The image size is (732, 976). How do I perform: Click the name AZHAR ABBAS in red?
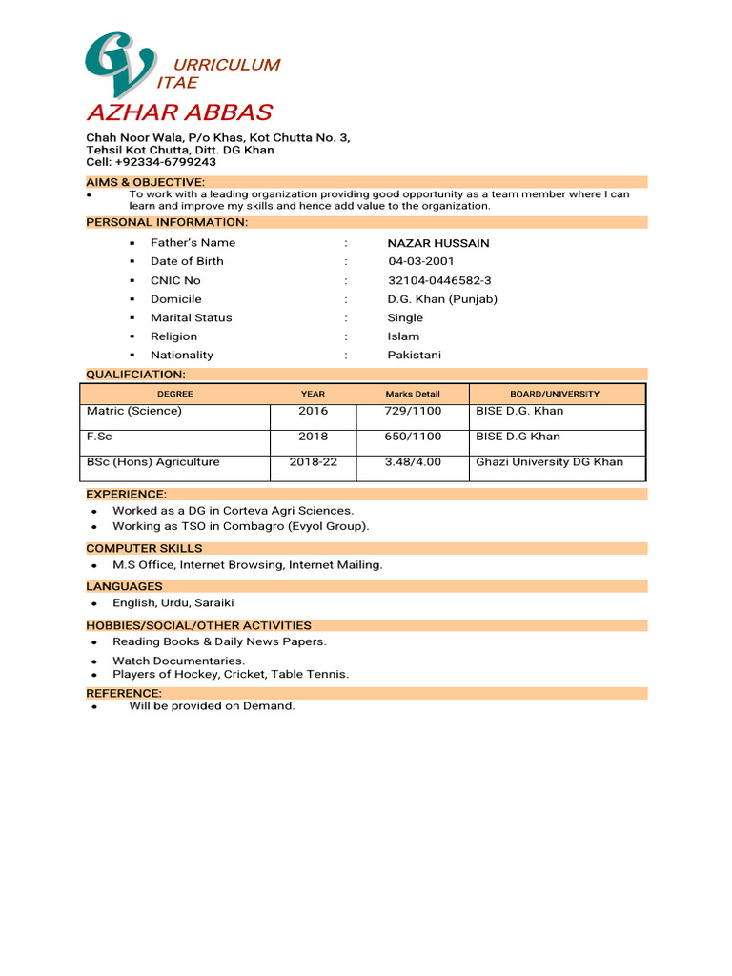179,113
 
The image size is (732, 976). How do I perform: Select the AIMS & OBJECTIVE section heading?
145,182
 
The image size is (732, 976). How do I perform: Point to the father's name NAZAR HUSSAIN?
437,243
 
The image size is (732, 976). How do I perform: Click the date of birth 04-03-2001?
420,261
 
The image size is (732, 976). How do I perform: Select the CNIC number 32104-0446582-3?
439,280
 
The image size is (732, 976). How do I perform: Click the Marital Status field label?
191,317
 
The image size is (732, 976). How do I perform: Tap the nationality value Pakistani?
414,355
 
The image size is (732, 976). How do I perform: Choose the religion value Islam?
403,336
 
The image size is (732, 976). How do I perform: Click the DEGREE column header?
175,394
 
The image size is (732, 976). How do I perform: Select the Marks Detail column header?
413,394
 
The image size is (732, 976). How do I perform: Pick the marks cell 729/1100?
413,411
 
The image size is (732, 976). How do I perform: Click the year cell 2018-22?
313,461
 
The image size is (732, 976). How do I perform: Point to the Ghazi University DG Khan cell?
549,461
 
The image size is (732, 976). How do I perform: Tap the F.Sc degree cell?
99,437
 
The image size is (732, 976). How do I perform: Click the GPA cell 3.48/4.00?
413,461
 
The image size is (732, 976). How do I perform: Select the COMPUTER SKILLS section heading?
144,548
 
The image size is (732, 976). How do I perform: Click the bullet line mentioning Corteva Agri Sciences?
233,511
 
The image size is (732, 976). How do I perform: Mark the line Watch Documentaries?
178,661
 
